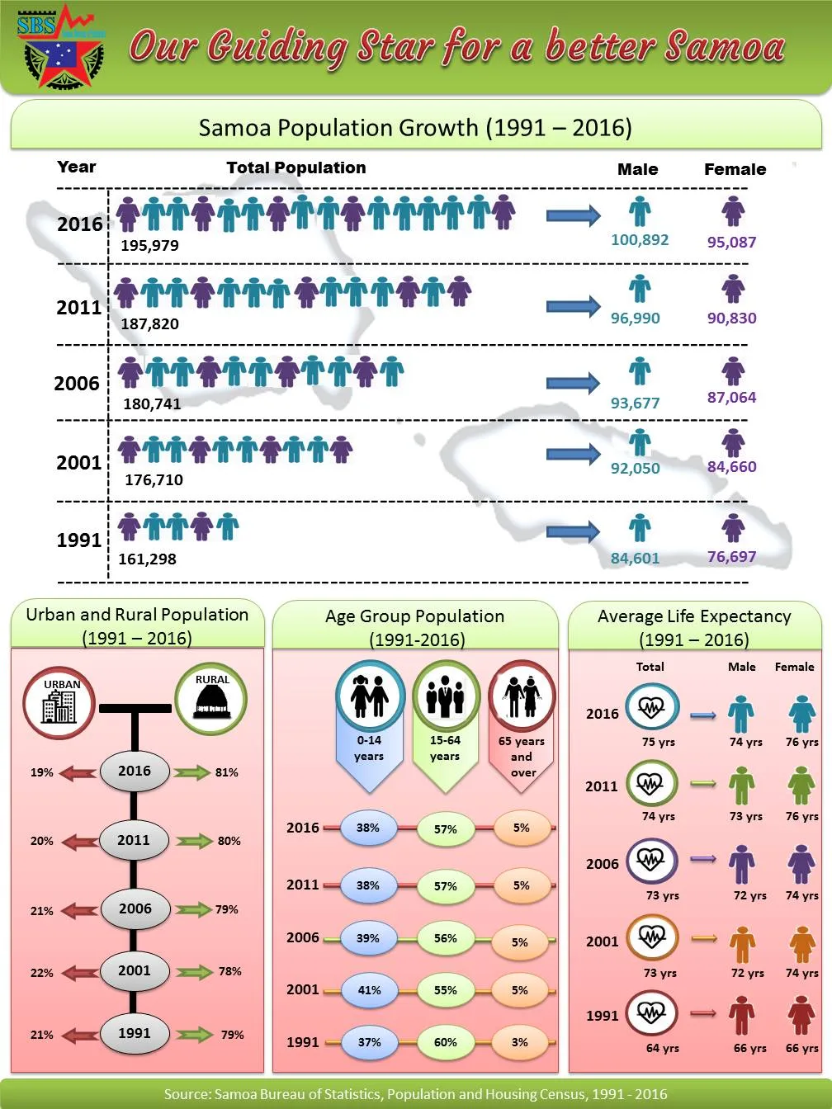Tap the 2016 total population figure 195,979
pyautogui.click(x=149, y=245)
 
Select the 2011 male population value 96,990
pyautogui.click(x=635, y=318)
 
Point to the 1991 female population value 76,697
pyautogui.click(x=731, y=557)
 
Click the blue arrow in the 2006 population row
pyautogui.click(x=573, y=383)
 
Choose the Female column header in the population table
pyautogui.click(x=735, y=169)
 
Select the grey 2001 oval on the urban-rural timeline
pyautogui.click(x=135, y=970)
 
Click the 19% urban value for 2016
pyautogui.click(x=42, y=772)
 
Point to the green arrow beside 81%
pyautogui.click(x=192, y=772)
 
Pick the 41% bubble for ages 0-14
pyautogui.click(x=369, y=990)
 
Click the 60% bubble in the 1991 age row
pyautogui.click(x=445, y=1042)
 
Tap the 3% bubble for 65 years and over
pyautogui.click(x=520, y=1042)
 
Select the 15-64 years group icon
pyautogui.click(x=446, y=696)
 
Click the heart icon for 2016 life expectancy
pyautogui.click(x=651, y=708)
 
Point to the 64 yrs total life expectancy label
pyautogui.click(x=662, y=1048)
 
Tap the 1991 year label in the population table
pyautogui.click(x=78, y=540)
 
